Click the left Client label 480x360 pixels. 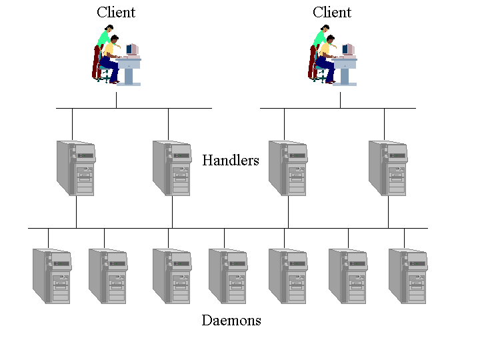point(115,12)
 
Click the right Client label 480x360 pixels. point(331,12)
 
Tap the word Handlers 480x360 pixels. point(230,160)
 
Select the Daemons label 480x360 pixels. point(231,321)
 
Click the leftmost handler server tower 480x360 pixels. point(76,167)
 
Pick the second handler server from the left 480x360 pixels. point(172,167)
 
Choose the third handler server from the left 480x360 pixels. point(288,167)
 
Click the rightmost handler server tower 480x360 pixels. point(388,167)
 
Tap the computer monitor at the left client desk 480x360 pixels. point(132,49)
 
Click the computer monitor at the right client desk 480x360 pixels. point(348,49)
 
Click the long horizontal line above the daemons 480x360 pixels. point(227,229)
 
